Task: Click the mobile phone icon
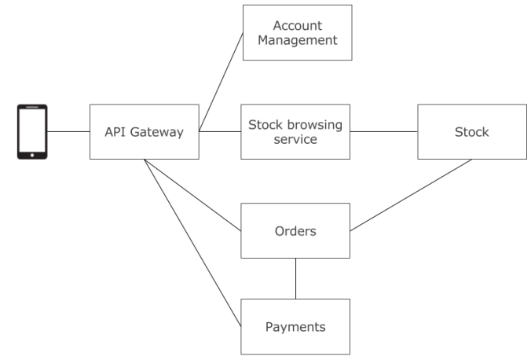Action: point(32,132)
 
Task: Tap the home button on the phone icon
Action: point(32,154)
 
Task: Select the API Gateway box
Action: point(144,132)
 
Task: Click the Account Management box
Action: point(297,33)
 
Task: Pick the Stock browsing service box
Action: point(295,132)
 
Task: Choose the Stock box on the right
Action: point(471,132)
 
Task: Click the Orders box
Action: point(295,231)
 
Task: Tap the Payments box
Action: point(295,326)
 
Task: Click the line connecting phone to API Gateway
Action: point(68,132)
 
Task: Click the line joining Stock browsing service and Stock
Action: point(383,132)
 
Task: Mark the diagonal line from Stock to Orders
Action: point(410,196)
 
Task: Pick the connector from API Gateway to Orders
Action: point(192,196)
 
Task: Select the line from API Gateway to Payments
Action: point(192,243)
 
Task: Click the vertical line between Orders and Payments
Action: point(295,278)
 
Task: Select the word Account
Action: point(297,26)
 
